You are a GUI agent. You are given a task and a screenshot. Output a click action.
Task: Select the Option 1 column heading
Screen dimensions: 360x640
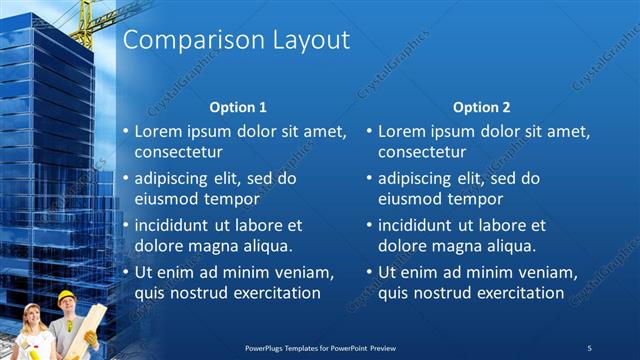coord(238,107)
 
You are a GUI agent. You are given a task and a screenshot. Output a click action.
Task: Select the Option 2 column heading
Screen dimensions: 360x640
coord(481,107)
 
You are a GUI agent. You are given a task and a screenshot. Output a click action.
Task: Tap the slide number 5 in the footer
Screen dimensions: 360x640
coord(590,347)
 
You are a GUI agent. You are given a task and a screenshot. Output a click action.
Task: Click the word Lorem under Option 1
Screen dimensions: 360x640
coord(160,131)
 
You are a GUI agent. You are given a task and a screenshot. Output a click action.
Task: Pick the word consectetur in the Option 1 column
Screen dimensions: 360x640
coord(179,152)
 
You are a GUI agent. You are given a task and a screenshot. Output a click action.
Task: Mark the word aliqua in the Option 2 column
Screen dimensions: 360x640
coord(509,246)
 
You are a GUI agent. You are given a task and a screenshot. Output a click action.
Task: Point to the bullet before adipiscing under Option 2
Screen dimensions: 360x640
coord(369,179)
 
